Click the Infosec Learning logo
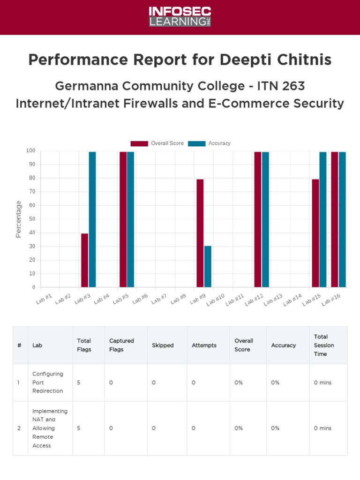[x=180, y=17]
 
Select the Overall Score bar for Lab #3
[x=84, y=260]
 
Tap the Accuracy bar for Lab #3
[x=92, y=219]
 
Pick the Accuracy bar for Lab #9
[x=208, y=266]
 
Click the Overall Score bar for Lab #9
[x=200, y=233]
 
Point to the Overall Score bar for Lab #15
[x=315, y=233]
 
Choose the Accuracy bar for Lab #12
[x=265, y=219]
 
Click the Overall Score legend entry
[x=157, y=143]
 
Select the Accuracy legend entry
[x=210, y=143]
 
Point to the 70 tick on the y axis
[x=31, y=192]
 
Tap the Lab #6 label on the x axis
[x=140, y=299]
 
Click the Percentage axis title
[x=19, y=219]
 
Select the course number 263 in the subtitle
[x=293, y=86]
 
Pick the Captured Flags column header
[x=121, y=345]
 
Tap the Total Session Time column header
[x=324, y=345]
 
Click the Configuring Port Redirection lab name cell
[x=47, y=382]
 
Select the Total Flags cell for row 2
[x=79, y=428]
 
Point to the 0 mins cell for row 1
[x=322, y=382]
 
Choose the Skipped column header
[x=163, y=345]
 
